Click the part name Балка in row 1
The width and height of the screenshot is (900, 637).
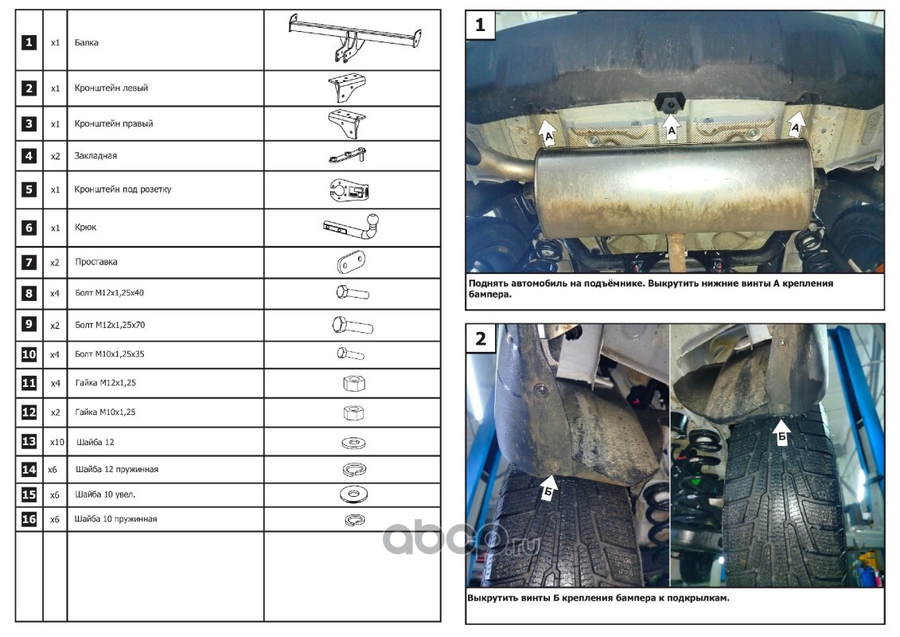[86, 42]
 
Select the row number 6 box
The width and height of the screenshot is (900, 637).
[29, 228]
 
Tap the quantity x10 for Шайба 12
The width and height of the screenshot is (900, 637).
[56, 442]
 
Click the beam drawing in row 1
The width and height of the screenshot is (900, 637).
[355, 38]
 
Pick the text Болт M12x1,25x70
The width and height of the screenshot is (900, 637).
[110, 325]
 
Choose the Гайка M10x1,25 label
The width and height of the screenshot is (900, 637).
[105, 412]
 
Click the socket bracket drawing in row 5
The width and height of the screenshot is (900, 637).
[349, 190]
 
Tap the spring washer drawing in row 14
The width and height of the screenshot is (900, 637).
[354, 469]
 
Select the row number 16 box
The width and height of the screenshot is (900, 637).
[29, 519]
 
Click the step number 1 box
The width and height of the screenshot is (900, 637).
[481, 25]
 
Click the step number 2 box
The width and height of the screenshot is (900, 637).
[481, 338]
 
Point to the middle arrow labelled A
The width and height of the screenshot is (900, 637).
[671, 125]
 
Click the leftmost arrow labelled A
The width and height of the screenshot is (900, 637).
[547, 133]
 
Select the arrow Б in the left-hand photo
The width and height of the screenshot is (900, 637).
[548, 487]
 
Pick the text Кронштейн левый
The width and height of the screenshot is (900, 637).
[111, 88]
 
